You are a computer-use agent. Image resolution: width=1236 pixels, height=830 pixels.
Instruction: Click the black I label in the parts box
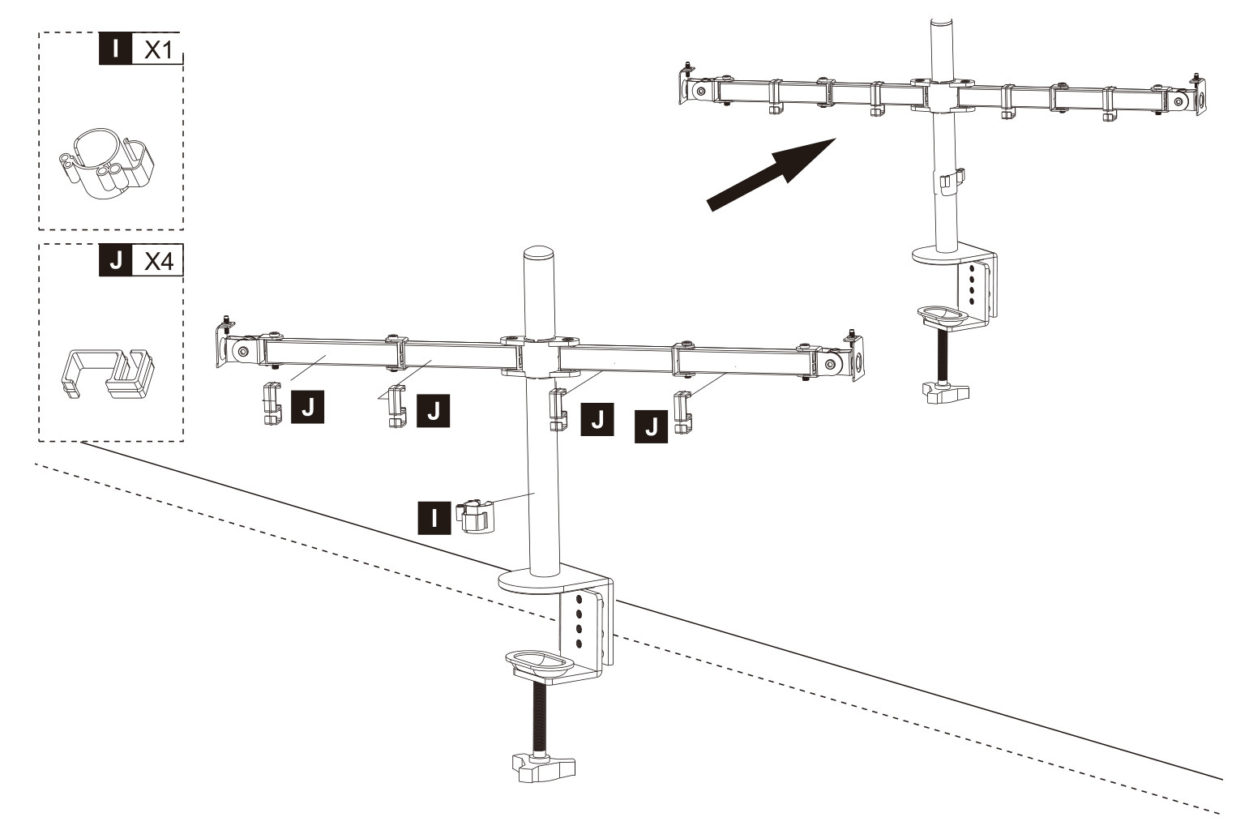pos(115,48)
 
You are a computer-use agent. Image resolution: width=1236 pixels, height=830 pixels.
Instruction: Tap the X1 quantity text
pos(158,50)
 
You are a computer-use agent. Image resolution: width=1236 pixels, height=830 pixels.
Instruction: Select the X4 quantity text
pos(159,261)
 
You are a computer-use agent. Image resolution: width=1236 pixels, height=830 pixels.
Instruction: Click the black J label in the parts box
pos(115,259)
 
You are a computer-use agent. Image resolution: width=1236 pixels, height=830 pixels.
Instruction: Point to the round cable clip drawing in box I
pos(106,164)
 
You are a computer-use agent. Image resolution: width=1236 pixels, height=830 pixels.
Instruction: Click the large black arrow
pos(772,173)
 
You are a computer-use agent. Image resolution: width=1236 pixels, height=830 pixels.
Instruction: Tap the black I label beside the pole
pos(434,518)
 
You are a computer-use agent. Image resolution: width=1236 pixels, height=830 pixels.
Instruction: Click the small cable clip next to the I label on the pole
pos(474,516)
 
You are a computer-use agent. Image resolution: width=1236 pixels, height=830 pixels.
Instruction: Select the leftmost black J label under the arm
pos(307,407)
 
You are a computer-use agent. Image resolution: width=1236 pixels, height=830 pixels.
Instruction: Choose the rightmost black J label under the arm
pos(651,426)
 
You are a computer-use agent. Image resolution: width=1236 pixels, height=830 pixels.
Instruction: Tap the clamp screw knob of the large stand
pos(544,768)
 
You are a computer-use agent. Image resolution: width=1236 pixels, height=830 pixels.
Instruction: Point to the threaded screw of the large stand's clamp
pos(540,718)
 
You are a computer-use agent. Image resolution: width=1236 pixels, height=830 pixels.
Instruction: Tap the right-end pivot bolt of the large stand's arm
pos(831,364)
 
